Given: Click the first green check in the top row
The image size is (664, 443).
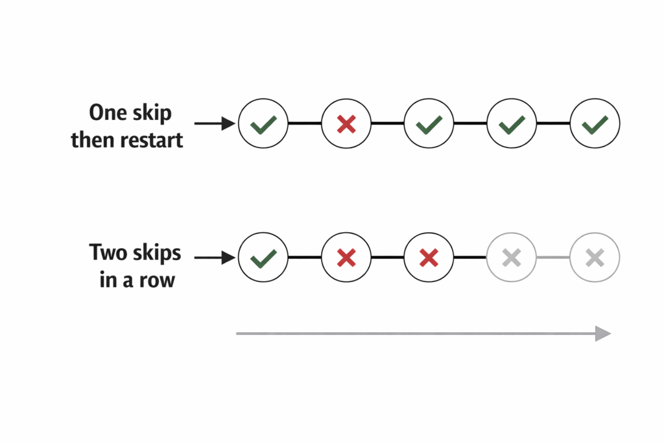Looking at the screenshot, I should pyautogui.click(x=263, y=123).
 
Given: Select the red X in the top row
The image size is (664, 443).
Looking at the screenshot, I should pyautogui.click(x=346, y=123).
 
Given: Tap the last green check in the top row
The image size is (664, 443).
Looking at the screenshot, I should pyautogui.click(x=595, y=123).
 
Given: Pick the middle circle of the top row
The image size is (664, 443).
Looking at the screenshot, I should pyautogui.click(x=429, y=123).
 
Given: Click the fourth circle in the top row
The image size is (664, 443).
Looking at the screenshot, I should pyautogui.click(x=512, y=123).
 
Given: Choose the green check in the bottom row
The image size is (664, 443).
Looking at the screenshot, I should pyautogui.click(x=263, y=258).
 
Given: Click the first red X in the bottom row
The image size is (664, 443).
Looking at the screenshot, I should pyautogui.click(x=346, y=258).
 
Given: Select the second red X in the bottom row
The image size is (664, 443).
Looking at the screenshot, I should pyautogui.click(x=429, y=258).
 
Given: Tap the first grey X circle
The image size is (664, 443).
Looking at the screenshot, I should pyautogui.click(x=512, y=258).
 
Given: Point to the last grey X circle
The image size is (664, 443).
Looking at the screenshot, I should pyautogui.click(x=595, y=258).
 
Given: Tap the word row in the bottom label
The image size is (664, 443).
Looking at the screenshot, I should pyautogui.click(x=156, y=280).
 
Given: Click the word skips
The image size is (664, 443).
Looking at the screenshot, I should pyautogui.click(x=156, y=253).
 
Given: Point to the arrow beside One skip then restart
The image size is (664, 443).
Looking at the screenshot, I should pyautogui.click(x=214, y=123).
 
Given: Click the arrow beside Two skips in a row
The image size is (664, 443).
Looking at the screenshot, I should pyautogui.click(x=214, y=258).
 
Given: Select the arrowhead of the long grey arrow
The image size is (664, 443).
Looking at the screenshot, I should pyautogui.click(x=603, y=333).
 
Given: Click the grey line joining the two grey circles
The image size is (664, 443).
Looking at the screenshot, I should pyautogui.click(x=553, y=258).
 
